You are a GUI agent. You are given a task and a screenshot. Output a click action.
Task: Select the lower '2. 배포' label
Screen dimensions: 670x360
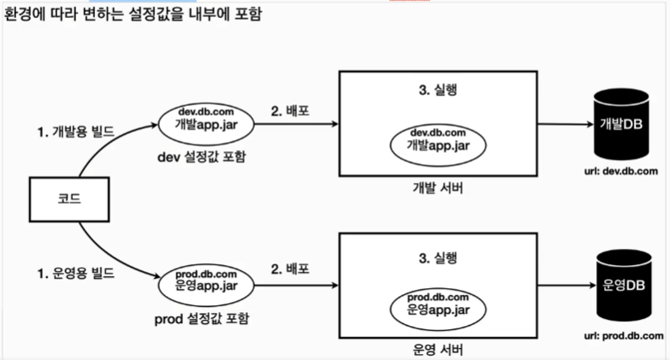pos(291,269)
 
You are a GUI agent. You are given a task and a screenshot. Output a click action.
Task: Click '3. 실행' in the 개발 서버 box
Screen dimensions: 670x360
pos(438,88)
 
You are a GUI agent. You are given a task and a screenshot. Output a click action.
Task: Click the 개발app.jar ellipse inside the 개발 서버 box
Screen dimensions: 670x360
pos(438,139)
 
